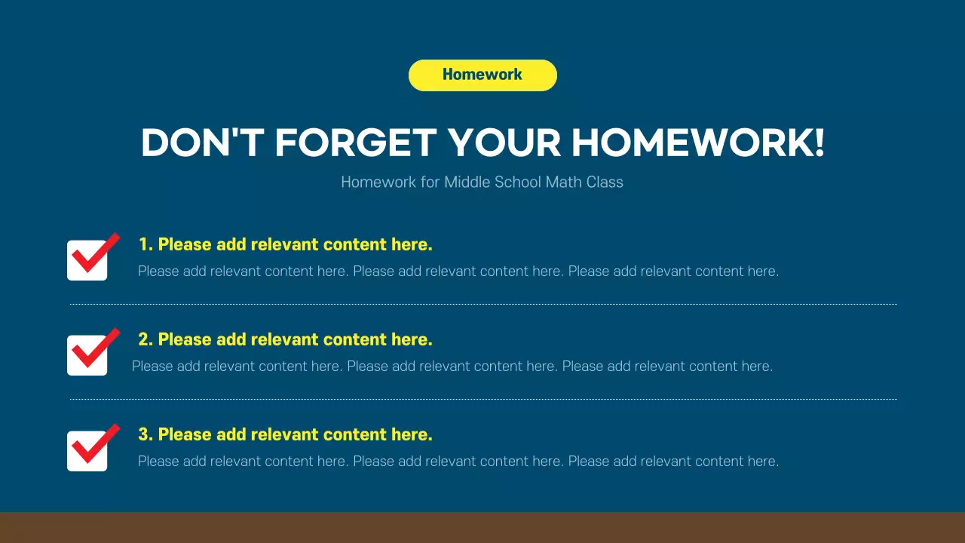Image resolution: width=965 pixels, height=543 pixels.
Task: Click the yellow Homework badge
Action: [482, 75]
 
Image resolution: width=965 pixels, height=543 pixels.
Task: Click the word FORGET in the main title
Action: [355, 143]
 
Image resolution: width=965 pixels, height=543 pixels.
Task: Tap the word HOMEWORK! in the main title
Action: [697, 143]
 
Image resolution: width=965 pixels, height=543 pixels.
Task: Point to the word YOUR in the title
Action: [504, 143]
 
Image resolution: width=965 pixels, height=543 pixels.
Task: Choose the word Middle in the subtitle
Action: [467, 182]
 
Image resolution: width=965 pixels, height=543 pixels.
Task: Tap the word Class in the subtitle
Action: [605, 182]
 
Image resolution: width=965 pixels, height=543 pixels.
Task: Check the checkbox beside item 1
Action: [87, 260]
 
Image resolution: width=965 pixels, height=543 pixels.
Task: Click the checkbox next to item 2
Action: [87, 355]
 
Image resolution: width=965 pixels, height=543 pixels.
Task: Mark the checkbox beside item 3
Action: [87, 450]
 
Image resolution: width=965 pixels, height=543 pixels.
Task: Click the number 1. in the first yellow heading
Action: [146, 244]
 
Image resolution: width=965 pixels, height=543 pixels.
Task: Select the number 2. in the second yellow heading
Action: [146, 339]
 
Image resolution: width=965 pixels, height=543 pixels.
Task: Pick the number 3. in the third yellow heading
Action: [146, 434]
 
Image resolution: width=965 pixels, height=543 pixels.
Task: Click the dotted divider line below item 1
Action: [482, 304]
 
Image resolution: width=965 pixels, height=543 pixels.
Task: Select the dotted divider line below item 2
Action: [482, 399]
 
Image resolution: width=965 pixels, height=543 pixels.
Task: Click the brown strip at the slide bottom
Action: [482, 528]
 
